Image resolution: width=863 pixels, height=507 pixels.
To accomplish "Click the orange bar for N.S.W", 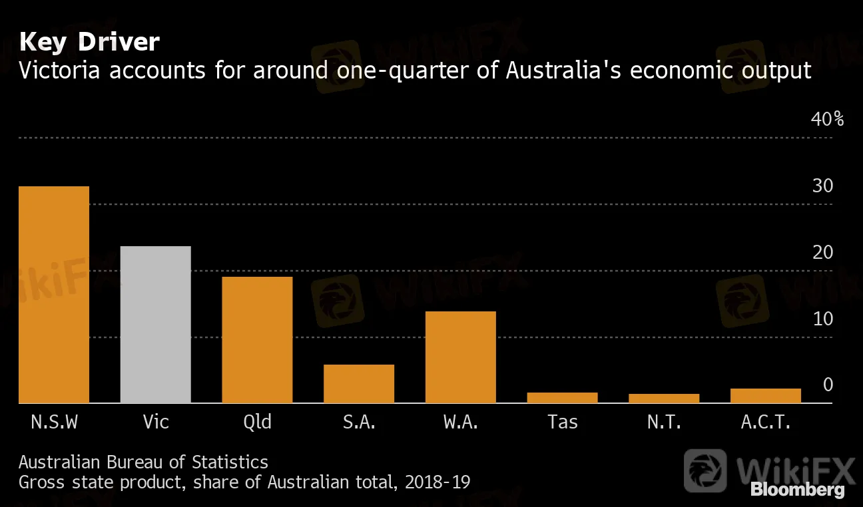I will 53,295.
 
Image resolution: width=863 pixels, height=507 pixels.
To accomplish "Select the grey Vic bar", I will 155,325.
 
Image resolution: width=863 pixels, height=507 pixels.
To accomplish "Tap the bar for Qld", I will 257,340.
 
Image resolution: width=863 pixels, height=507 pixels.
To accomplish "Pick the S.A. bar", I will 359,384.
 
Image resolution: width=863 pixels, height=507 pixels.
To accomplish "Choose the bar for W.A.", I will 461,357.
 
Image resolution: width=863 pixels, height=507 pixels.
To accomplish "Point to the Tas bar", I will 563,398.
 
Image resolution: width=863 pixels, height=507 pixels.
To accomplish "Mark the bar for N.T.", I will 664,399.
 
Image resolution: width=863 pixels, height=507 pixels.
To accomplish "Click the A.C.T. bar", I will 766,396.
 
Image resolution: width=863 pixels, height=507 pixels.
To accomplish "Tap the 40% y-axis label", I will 826,120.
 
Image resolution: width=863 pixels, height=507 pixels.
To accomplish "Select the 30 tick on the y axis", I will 822,186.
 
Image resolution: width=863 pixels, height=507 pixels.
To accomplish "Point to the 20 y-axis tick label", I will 822,253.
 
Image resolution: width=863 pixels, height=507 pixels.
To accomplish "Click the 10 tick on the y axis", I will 822,319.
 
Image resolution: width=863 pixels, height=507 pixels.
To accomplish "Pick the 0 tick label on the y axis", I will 828,385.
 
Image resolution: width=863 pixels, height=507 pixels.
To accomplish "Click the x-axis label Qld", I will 257,422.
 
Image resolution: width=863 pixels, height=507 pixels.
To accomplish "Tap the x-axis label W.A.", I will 460,422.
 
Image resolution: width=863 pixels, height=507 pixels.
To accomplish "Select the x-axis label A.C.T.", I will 765,422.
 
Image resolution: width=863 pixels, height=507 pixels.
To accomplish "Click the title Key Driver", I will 89,43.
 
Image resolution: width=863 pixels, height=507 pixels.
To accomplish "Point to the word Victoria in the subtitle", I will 59,70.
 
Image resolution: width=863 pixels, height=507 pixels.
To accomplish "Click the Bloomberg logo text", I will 798,490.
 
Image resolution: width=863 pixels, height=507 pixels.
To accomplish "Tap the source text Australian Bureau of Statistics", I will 143,462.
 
